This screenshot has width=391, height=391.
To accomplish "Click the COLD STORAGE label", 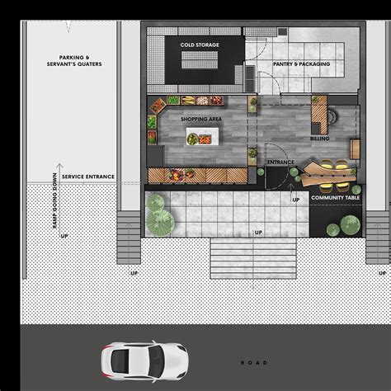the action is [x=200, y=45].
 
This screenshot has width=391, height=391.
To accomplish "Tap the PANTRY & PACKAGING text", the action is [x=301, y=64].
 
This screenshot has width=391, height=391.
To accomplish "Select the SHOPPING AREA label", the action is [x=201, y=119].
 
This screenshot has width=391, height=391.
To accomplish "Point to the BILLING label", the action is [x=320, y=139].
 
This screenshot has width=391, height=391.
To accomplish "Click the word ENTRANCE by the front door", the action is [x=280, y=163].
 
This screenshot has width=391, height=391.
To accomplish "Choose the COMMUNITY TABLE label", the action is [x=335, y=197].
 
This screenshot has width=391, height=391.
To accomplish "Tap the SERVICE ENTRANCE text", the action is [x=88, y=177].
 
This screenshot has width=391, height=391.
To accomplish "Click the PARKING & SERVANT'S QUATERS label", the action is [x=74, y=61].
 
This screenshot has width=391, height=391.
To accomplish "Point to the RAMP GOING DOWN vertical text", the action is [x=54, y=200].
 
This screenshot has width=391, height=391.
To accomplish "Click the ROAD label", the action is [x=254, y=363].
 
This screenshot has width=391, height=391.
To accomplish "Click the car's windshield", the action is [x=156, y=361].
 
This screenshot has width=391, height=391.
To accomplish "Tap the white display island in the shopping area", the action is [x=203, y=136].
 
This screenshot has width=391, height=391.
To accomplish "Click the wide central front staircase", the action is [x=253, y=258].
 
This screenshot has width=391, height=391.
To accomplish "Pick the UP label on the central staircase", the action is [x=258, y=233].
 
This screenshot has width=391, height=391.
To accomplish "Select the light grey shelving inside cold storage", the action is [x=200, y=60].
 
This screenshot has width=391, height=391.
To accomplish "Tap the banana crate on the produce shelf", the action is [x=188, y=100].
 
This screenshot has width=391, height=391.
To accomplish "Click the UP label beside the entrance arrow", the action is [x=296, y=200].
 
